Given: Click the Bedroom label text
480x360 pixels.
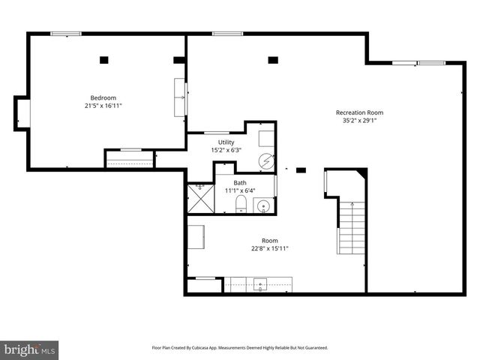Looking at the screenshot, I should (x=103, y=97).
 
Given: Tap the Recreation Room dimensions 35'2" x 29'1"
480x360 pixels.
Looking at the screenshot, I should (x=364, y=120).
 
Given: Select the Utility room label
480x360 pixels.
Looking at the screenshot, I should (x=226, y=142).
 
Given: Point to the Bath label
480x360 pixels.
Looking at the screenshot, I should (x=240, y=183).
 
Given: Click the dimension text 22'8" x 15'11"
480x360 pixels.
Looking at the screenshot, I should (x=270, y=248).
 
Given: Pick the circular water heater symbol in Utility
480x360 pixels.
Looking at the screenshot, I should (x=267, y=160).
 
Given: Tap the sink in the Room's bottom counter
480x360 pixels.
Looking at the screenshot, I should (x=260, y=284).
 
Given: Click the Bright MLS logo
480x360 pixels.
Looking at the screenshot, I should (x=30, y=349).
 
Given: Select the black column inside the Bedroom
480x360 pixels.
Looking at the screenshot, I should (x=104, y=59).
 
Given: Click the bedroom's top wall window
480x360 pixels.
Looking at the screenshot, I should (x=66, y=33).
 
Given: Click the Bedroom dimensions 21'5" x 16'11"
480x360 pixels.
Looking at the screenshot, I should (x=103, y=106).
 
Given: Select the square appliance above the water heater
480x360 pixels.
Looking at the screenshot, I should (x=266, y=139).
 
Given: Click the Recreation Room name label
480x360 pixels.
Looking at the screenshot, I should (x=364, y=112).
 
